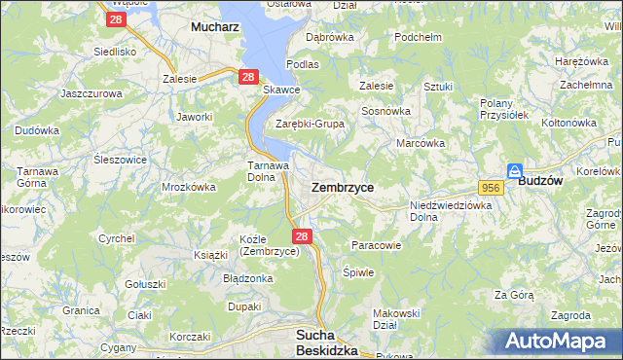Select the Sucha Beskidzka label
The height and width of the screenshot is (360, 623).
pyautogui.click(x=326, y=342)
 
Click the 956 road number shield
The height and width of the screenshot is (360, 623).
pyautogui.click(x=490, y=187)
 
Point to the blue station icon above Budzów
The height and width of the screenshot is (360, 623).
pyautogui.click(x=515, y=169)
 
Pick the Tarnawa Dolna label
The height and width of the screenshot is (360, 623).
pyautogui.click(x=268, y=171)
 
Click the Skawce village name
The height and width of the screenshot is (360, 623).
pyautogui.click(x=282, y=90)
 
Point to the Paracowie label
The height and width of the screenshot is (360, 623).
pyautogui.click(x=375, y=245)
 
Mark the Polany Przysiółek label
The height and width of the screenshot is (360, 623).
pyautogui.click(x=503, y=108)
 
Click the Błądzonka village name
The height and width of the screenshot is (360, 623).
pyautogui.click(x=247, y=277)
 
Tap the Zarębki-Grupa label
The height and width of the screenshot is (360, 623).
pyautogui.click(x=310, y=124)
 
